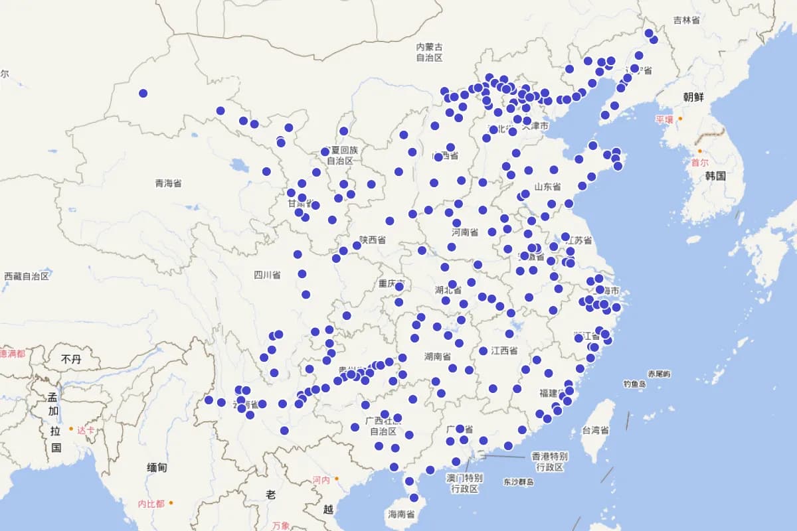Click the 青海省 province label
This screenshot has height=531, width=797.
pyautogui.click(x=168, y=183)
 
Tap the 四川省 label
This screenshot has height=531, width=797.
pyautogui.click(x=267, y=275)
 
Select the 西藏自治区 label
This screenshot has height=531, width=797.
pyautogui.click(x=27, y=276)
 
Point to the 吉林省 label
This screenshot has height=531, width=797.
pyautogui.click(x=686, y=21)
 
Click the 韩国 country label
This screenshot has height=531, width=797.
pyautogui.click(x=715, y=176)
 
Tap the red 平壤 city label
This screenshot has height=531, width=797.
pyautogui.click(x=664, y=120)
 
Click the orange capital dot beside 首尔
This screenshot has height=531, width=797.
pyautogui.click(x=699, y=151)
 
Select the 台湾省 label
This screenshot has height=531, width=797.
pyautogui.click(x=596, y=430)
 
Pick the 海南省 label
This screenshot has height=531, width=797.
pyautogui.click(x=401, y=514)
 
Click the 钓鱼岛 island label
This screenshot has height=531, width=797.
pyautogui.click(x=635, y=384)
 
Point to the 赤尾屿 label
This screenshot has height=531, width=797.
pyautogui.click(x=660, y=374)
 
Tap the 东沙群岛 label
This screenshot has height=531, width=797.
pyautogui.click(x=519, y=482)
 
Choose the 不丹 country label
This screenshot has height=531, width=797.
pyautogui.click(x=70, y=359)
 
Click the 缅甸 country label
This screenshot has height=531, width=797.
pyautogui.click(x=157, y=468)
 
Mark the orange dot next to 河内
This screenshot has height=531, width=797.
pyautogui.click(x=337, y=479)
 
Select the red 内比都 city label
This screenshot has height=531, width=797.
pyautogui.click(x=151, y=504)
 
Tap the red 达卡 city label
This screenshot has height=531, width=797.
pyautogui.click(x=85, y=430)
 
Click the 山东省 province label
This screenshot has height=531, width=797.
pyautogui.click(x=547, y=187)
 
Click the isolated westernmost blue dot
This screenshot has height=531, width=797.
pyautogui.click(x=143, y=93)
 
